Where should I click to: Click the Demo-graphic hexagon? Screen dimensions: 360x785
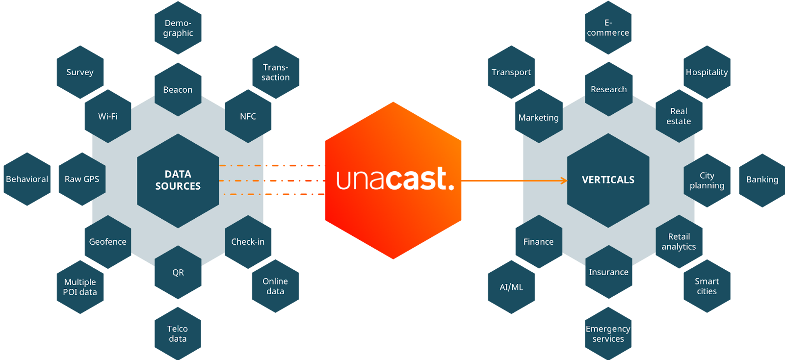[x=178, y=28]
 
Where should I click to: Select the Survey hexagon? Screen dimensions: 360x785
[x=80, y=72]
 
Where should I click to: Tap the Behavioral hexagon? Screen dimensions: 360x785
[x=27, y=179]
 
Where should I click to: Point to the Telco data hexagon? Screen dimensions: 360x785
[x=178, y=334]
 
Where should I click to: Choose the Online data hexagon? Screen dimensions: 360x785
[x=275, y=286]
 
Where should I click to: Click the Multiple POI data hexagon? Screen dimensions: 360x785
[x=80, y=287]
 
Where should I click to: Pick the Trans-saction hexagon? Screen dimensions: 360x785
[x=276, y=72]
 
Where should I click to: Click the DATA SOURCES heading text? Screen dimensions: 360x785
[x=178, y=180]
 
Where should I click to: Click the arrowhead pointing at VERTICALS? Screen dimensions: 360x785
[x=564, y=180]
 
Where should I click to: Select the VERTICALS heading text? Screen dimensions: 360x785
[x=608, y=180]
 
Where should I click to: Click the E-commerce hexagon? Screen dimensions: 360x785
[x=608, y=28]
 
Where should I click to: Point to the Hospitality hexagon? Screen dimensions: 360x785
[x=707, y=72]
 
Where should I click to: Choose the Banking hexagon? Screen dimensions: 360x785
[x=762, y=180]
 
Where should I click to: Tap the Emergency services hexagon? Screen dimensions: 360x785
[x=608, y=334]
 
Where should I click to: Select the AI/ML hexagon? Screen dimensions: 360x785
[x=511, y=287]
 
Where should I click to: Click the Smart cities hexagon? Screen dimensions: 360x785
[x=707, y=286]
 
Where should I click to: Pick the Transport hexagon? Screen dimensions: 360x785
[x=511, y=72]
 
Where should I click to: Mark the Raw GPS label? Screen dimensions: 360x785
[x=82, y=179]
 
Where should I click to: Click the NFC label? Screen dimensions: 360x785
[x=248, y=116]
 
